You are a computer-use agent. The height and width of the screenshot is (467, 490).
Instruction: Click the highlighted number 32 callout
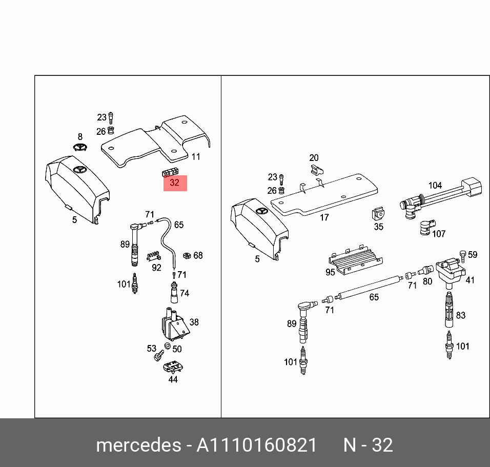click(x=175, y=182)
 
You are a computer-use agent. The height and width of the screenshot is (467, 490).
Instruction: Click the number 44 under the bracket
click(x=173, y=379)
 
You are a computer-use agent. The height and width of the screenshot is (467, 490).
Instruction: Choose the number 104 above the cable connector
click(x=435, y=186)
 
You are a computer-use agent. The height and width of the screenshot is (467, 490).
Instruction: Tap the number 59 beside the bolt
click(x=472, y=255)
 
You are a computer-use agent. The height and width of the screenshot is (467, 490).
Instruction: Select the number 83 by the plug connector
click(x=460, y=315)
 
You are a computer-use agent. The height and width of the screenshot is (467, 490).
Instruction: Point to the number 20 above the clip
click(x=314, y=158)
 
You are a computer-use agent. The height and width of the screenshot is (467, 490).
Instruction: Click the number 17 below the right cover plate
click(x=324, y=217)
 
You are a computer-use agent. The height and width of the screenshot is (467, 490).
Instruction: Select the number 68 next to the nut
click(x=198, y=255)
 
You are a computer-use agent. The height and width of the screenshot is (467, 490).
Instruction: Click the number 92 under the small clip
click(x=156, y=267)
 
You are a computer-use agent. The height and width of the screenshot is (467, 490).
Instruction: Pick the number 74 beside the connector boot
click(x=185, y=293)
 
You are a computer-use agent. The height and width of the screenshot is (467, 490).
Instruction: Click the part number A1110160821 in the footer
click(x=257, y=444)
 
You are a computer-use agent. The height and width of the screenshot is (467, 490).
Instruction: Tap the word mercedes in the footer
click(x=138, y=444)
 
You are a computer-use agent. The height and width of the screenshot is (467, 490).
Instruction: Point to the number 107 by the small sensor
click(x=438, y=234)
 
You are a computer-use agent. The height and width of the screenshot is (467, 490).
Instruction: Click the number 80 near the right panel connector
click(x=427, y=281)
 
